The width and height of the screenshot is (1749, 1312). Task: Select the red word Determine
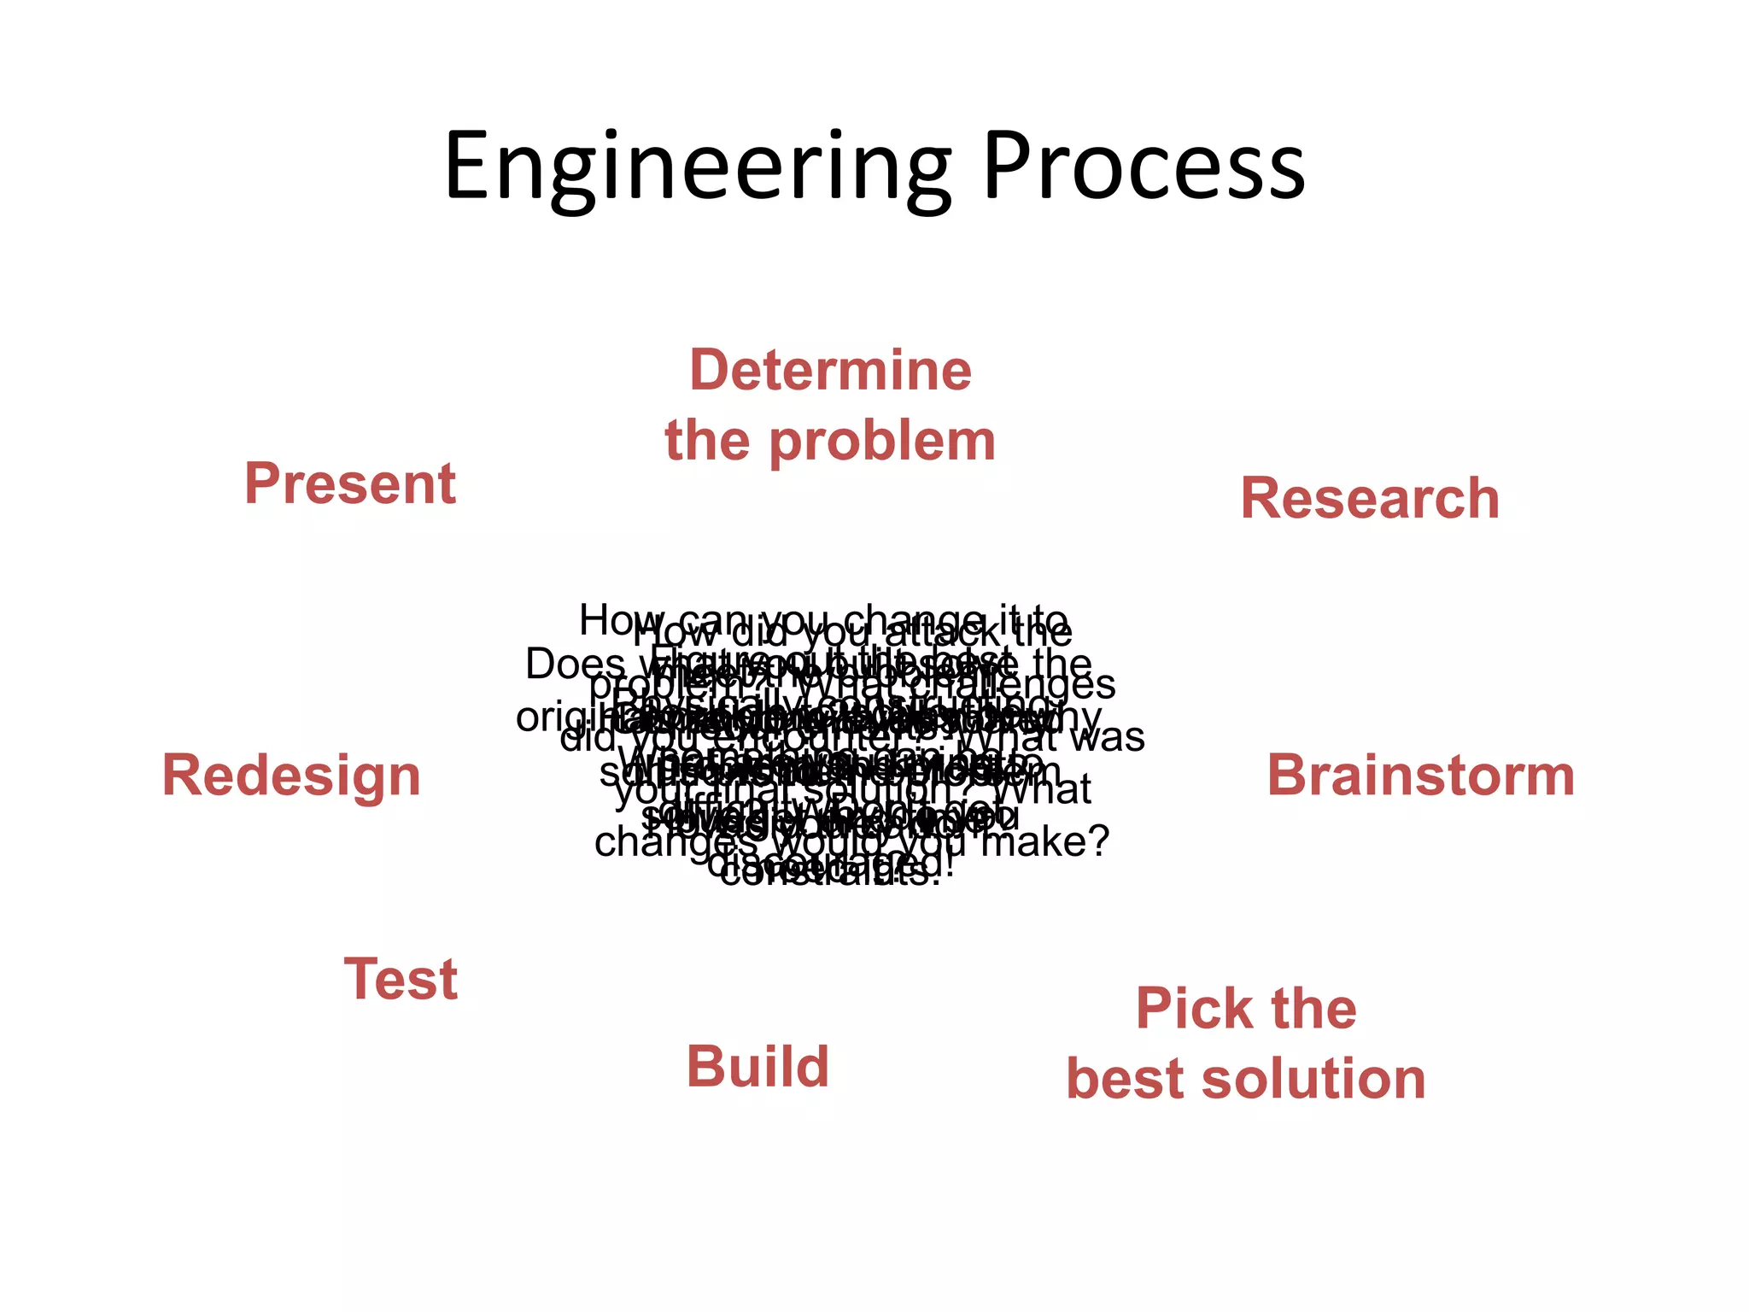pos(830,371)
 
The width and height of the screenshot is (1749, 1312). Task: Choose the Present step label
pos(350,483)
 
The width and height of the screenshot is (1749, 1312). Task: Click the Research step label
pos(1369,498)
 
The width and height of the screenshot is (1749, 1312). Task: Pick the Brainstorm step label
pos(1420,776)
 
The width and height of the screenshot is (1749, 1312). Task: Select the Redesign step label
pos(291,776)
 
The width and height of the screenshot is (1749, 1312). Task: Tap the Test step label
pos(401,979)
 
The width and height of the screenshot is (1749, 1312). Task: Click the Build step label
pos(758,1067)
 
